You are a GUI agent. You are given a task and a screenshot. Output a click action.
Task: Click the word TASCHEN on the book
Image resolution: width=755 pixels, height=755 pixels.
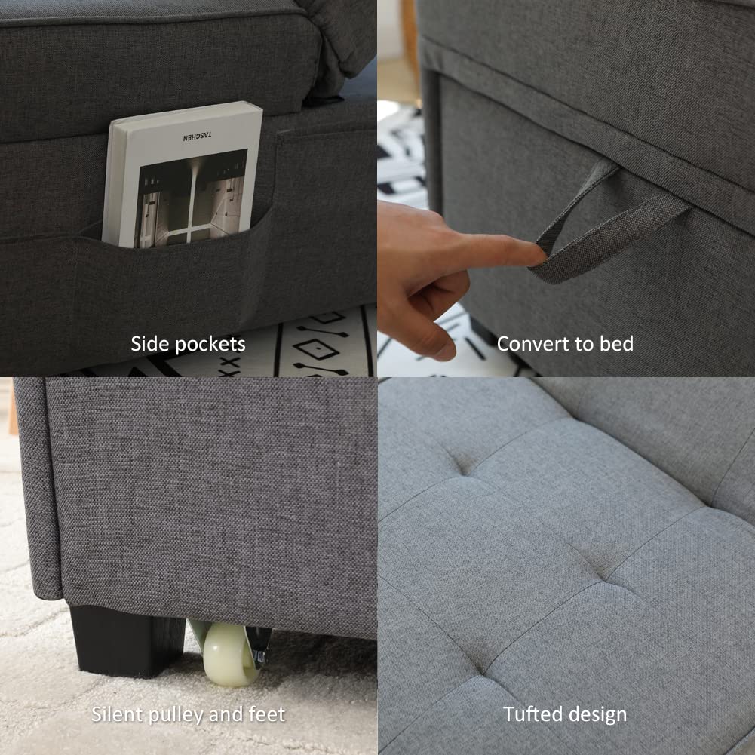click(198, 138)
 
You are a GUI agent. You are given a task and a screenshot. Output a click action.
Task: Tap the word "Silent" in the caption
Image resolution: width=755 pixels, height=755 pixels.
click(117, 714)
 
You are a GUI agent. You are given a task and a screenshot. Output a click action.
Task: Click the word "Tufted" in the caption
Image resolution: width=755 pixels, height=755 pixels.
click(528, 714)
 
